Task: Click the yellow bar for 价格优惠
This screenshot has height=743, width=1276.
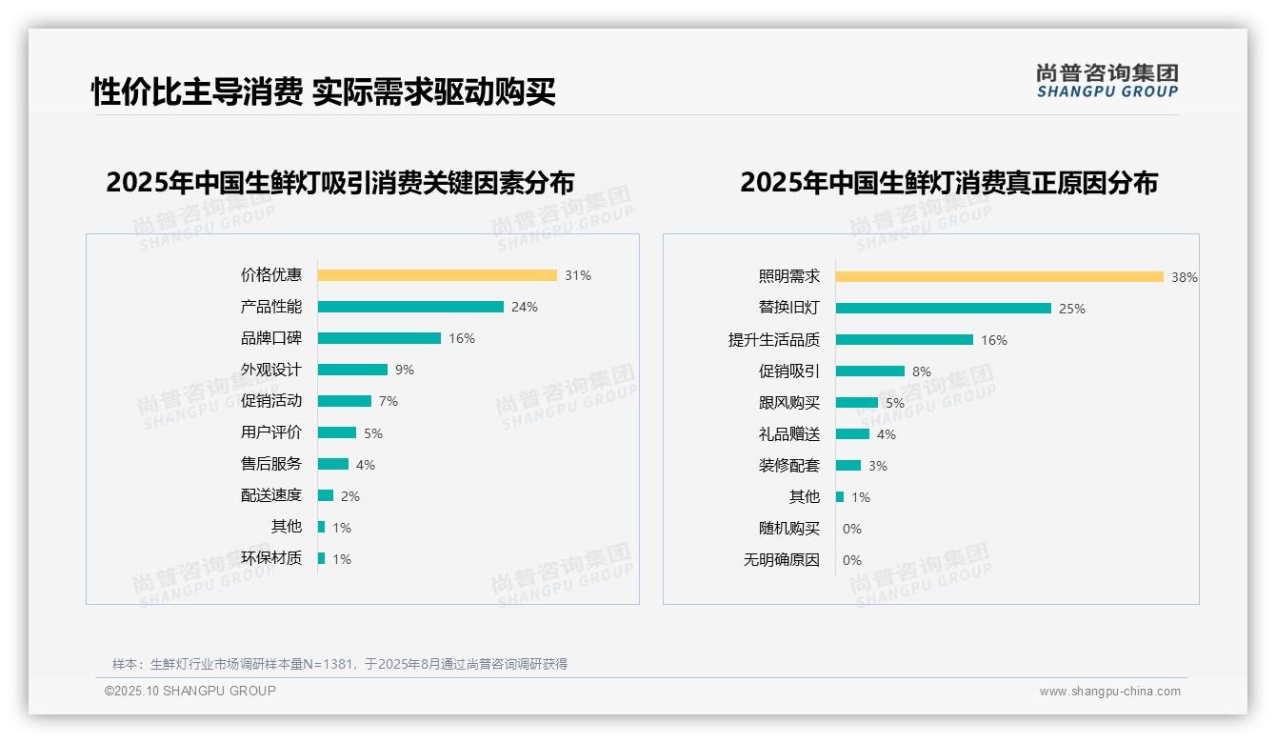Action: click(x=437, y=275)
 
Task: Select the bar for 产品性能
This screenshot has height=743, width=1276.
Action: click(x=410, y=307)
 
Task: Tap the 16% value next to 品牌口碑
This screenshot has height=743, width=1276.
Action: click(x=462, y=338)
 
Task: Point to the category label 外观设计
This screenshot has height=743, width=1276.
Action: click(x=271, y=370)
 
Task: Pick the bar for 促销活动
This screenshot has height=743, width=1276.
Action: click(x=345, y=401)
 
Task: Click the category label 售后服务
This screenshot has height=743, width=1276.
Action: click(x=271, y=464)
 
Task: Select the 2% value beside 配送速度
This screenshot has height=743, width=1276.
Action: click(x=350, y=496)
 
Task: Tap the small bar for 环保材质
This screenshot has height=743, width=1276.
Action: click(x=322, y=558)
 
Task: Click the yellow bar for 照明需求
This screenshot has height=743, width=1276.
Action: click(x=1000, y=277)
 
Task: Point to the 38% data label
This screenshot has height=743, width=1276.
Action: click(x=1185, y=277)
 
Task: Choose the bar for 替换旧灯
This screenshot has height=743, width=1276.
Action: click(x=944, y=309)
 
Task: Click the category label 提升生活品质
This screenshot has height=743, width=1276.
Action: click(x=774, y=340)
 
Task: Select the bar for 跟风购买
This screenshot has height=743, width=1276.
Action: click(x=857, y=403)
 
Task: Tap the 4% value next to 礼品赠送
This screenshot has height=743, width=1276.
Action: click(x=887, y=434)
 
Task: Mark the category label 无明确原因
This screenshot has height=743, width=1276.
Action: click(x=782, y=560)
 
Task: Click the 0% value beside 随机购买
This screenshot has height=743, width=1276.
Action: click(x=852, y=529)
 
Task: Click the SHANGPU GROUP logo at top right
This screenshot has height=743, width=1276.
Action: click(x=1107, y=81)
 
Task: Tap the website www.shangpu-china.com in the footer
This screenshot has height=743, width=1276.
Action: click(x=1109, y=692)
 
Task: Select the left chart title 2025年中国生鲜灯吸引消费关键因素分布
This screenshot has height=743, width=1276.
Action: click(x=340, y=183)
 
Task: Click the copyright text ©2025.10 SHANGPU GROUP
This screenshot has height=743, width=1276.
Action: click(x=190, y=691)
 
